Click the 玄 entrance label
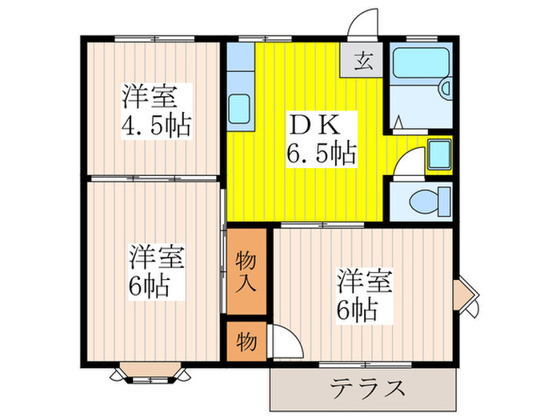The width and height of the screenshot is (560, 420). pos(362,60)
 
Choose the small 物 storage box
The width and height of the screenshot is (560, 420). pos(246,341)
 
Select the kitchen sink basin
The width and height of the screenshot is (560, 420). pos(239,107)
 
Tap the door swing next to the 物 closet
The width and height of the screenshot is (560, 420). pos(286,342)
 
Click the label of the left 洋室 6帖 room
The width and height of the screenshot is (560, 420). pos(156,272)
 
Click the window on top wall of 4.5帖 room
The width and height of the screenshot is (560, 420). pos(154,38)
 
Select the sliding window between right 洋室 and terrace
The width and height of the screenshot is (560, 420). pos(366,365)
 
